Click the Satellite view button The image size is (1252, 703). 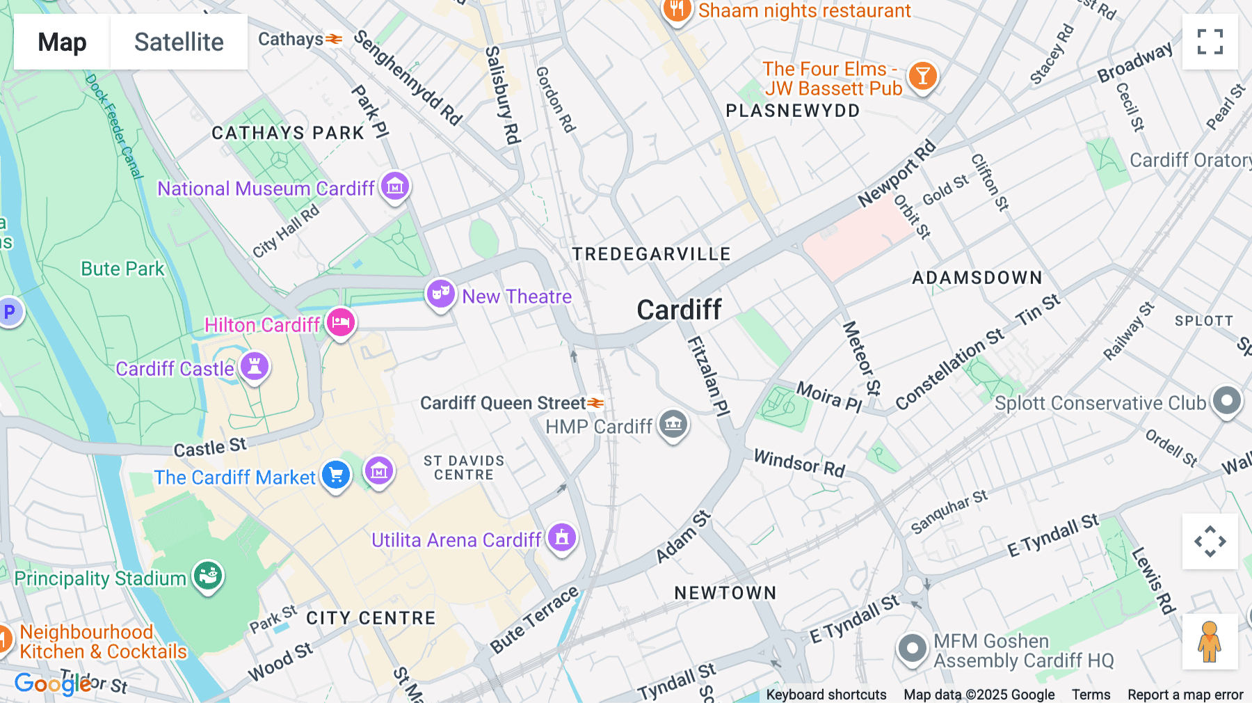pyautogui.click(x=179, y=42)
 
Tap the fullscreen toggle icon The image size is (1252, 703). pyautogui.click(x=1210, y=42)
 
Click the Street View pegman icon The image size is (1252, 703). pyautogui.click(x=1210, y=642)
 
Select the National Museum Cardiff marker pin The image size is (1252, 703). pyautogui.click(x=395, y=187)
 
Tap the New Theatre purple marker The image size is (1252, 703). pyautogui.click(x=441, y=294)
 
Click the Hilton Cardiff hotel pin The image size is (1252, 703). pyautogui.click(x=340, y=323)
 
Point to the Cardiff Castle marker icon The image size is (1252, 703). pyautogui.click(x=255, y=366)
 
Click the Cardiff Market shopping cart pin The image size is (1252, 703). pyautogui.click(x=336, y=475)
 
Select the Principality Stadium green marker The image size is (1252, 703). pyautogui.click(x=208, y=576)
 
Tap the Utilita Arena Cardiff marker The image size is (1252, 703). pyautogui.click(x=562, y=537)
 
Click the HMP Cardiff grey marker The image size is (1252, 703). pyautogui.click(x=673, y=423)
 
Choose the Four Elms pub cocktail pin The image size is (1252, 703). pyautogui.click(x=922, y=76)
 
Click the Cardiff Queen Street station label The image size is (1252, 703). pyautogui.click(x=503, y=403)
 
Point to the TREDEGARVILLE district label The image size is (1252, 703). pyautogui.click(x=651, y=254)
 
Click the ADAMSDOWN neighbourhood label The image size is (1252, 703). pyautogui.click(x=977, y=278)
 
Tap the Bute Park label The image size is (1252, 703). pyautogui.click(x=122, y=269)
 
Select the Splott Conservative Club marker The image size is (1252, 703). pyautogui.click(x=1227, y=400)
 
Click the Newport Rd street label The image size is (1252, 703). pyautogui.click(x=897, y=174)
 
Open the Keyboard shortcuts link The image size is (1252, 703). pyautogui.click(x=826, y=694)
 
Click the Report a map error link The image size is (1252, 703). pyautogui.click(x=1185, y=694)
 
